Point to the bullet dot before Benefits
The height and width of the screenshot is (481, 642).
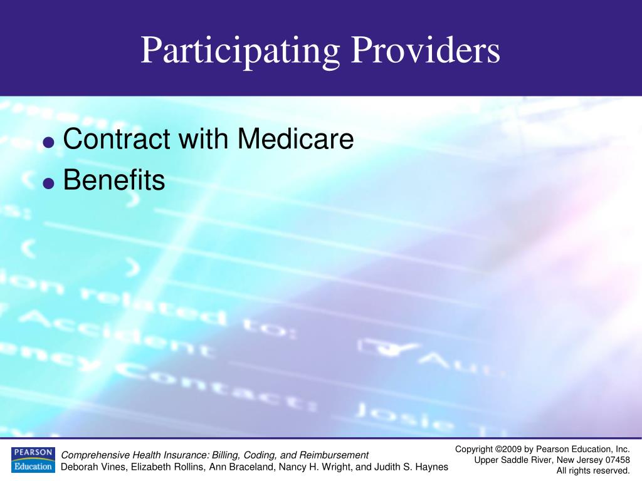tap(48, 184)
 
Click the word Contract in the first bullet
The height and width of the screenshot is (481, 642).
tap(116, 139)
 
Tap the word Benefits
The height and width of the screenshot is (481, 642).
tap(114, 180)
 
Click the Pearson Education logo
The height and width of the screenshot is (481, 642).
tap(33, 460)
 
